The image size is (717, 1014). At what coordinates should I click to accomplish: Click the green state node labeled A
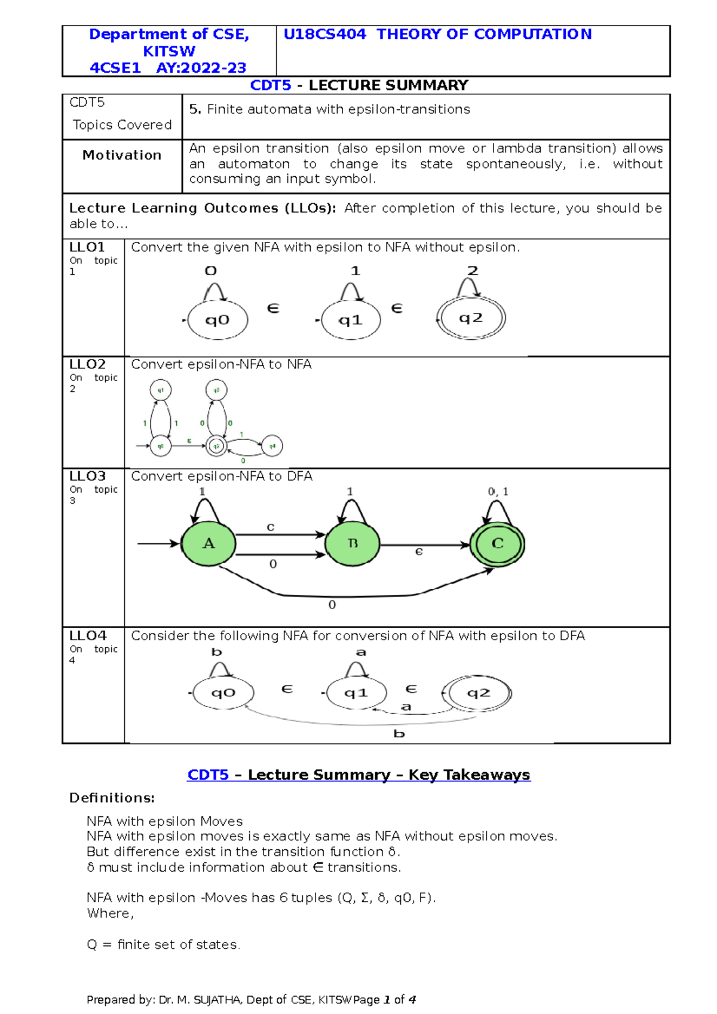click(x=209, y=544)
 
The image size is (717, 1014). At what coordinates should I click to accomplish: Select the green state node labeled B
click(x=353, y=544)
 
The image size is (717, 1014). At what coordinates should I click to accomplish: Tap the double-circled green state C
click(x=497, y=544)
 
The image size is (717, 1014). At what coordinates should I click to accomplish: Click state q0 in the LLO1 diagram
click(x=217, y=320)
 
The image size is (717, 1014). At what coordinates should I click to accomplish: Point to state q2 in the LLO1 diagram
click(x=471, y=318)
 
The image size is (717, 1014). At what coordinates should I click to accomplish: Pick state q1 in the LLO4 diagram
click(x=356, y=693)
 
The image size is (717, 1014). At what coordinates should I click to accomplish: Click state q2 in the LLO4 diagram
click(x=479, y=693)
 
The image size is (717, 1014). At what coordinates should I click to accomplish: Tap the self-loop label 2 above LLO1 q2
click(x=473, y=271)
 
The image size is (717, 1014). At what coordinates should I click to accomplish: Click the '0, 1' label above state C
click(x=498, y=491)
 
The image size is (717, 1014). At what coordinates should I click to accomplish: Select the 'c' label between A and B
click(x=271, y=527)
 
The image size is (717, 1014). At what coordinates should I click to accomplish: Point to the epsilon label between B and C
click(x=419, y=552)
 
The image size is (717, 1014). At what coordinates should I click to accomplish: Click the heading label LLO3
click(x=87, y=477)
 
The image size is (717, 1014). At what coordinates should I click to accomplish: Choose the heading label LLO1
click(x=87, y=247)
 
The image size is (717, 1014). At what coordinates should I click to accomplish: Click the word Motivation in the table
click(x=122, y=155)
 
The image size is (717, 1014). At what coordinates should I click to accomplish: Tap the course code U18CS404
click(x=324, y=35)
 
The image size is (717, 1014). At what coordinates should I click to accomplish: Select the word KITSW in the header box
click(x=169, y=51)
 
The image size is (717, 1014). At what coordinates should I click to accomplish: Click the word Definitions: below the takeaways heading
click(x=112, y=798)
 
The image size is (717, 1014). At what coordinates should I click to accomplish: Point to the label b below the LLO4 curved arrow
click(x=399, y=734)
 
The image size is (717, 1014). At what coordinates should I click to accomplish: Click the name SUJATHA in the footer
click(x=217, y=1000)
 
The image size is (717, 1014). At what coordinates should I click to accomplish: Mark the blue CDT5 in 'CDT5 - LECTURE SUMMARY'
click(x=271, y=85)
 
